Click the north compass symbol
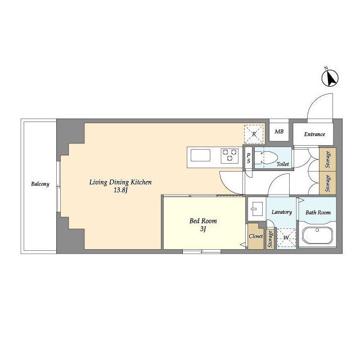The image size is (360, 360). tap(330, 78)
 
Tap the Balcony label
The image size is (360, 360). tap(40, 184)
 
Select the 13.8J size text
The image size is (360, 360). tap(120, 190)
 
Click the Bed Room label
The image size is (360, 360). tap(203, 221)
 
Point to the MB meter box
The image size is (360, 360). tap(279, 132)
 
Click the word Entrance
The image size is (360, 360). tap(314, 134)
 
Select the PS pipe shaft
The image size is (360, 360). tap(249, 158)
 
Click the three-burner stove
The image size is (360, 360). tap(229, 156)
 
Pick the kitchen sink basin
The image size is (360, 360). tap(200, 155)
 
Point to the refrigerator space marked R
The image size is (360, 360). tap(254, 134)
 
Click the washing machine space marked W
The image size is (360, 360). tap(286, 237)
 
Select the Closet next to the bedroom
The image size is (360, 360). tap(256, 236)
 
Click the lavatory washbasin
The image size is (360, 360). tap(256, 209)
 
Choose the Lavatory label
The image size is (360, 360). tap(282, 212)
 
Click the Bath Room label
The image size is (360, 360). tap(318, 213)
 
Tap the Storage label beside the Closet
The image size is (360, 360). tap(270, 239)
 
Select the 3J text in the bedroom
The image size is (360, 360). tap(202, 229)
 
